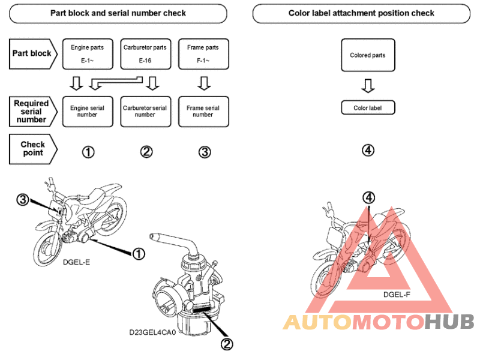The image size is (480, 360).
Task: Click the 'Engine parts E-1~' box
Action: pyautogui.click(x=87, y=53)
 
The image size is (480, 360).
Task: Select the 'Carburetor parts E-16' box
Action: pyautogui.click(x=145, y=53)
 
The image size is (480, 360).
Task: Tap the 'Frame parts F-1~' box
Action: pyautogui.click(x=203, y=53)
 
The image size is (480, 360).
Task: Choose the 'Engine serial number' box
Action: pyautogui.click(x=87, y=111)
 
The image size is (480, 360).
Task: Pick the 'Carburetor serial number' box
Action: pyautogui.click(x=145, y=111)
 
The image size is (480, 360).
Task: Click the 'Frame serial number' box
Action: pyautogui.click(x=203, y=111)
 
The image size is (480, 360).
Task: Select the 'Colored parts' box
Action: pyautogui.click(x=368, y=55)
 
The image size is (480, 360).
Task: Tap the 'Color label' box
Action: pyautogui.click(x=368, y=108)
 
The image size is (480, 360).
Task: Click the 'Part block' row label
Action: pyautogui.click(x=32, y=53)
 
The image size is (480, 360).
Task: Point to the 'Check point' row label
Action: pyautogui.click(x=32, y=149)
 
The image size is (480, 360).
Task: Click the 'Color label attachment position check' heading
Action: pyautogui.click(x=361, y=13)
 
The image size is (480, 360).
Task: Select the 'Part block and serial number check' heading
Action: pyautogui.click(x=118, y=13)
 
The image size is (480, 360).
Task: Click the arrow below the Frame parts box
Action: pyautogui.click(x=203, y=82)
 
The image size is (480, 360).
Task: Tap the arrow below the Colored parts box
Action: pyautogui.click(x=368, y=86)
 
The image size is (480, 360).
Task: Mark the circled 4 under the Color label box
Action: pyautogui.click(x=368, y=150)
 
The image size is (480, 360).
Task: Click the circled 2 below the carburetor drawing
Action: pyautogui.click(x=227, y=343)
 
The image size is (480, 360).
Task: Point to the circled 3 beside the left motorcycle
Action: pyautogui.click(x=23, y=200)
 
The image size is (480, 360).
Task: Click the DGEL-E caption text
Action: pyautogui.click(x=76, y=262)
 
